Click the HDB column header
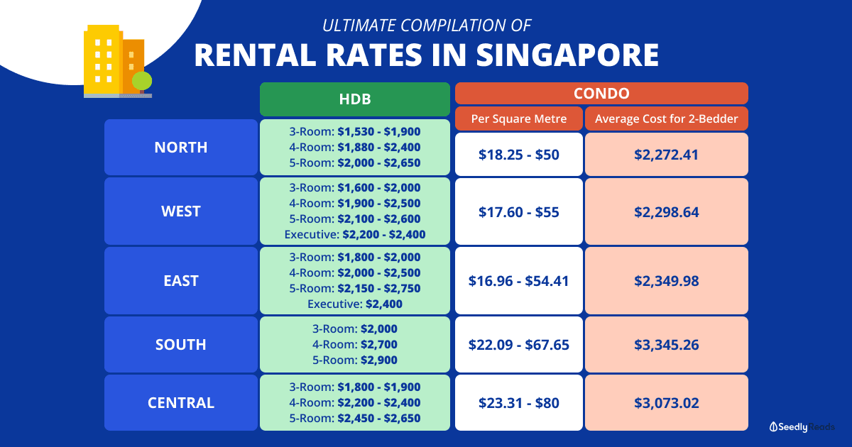tap(355, 99)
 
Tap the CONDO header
tap(601, 93)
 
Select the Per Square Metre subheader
tap(519, 118)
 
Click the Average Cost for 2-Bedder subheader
tap(667, 118)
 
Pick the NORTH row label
tap(181, 148)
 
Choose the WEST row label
tap(181, 211)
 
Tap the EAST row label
tap(181, 281)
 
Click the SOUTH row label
tap(181, 345)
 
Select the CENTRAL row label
tap(181, 403)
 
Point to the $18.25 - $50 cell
tap(519, 154)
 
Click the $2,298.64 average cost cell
tap(667, 211)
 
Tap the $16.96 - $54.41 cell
tap(519, 281)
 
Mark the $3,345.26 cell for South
tap(667, 345)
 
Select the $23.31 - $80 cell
tap(519, 403)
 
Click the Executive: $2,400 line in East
tap(355, 304)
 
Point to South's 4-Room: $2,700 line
tap(355, 345)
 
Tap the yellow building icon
tap(102, 60)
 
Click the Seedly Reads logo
tap(802, 426)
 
